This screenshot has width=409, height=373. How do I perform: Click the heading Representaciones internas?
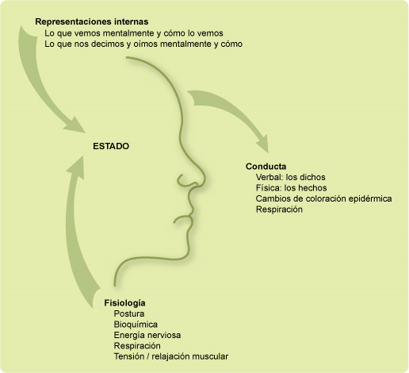click(92, 21)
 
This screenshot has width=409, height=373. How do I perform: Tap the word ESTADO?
click(111, 146)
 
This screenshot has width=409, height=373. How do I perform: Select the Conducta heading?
click(266, 167)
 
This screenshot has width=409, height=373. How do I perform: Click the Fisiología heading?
click(124, 303)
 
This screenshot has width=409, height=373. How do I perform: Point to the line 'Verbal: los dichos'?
click(290, 177)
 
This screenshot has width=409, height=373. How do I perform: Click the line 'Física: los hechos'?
click(291, 188)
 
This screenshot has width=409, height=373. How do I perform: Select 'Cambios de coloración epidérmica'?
click(323, 198)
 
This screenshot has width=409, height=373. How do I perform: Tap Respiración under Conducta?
click(279, 210)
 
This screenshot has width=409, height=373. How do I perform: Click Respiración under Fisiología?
click(137, 346)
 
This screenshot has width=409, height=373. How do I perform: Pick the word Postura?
click(129, 313)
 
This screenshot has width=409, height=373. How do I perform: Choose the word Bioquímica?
click(136, 325)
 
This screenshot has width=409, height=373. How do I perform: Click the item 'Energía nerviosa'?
click(147, 336)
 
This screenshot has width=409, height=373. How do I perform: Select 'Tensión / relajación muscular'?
click(171, 356)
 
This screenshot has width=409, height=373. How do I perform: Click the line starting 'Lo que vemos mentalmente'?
click(134, 33)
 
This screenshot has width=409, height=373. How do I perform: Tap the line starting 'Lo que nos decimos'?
click(143, 44)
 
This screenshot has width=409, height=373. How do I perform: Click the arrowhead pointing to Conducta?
click(263, 144)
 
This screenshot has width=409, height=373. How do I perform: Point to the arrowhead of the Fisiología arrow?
click(77, 167)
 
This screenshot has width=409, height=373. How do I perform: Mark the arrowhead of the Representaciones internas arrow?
click(75, 125)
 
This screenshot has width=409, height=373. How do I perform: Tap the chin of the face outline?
click(188, 252)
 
